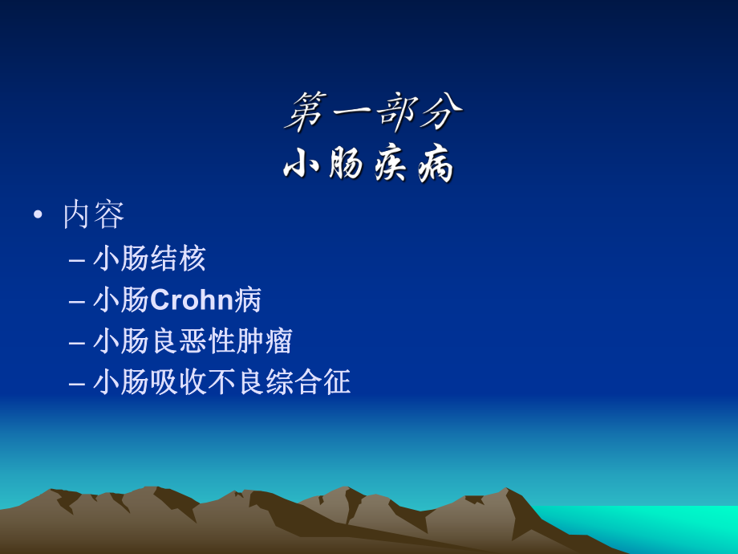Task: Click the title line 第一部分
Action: click(373, 111)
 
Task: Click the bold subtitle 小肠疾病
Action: click(370, 165)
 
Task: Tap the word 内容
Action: click(94, 215)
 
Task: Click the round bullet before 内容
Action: click(38, 214)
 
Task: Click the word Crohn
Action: click(191, 300)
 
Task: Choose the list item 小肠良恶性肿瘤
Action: click(193, 341)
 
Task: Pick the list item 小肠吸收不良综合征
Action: click(221, 382)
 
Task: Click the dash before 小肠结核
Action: click(77, 260)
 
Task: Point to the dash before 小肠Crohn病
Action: click(77, 302)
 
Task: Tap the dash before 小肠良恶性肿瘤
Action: click(77, 343)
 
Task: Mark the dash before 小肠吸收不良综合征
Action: click(77, 384)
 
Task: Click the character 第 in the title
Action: click(306, 111)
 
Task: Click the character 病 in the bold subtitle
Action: click(436, 165)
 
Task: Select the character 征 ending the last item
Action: click(337, 382)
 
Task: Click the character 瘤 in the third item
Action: click(279, 341)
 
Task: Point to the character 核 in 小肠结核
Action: click(193, 259)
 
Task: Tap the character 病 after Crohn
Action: click(248, 300)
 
